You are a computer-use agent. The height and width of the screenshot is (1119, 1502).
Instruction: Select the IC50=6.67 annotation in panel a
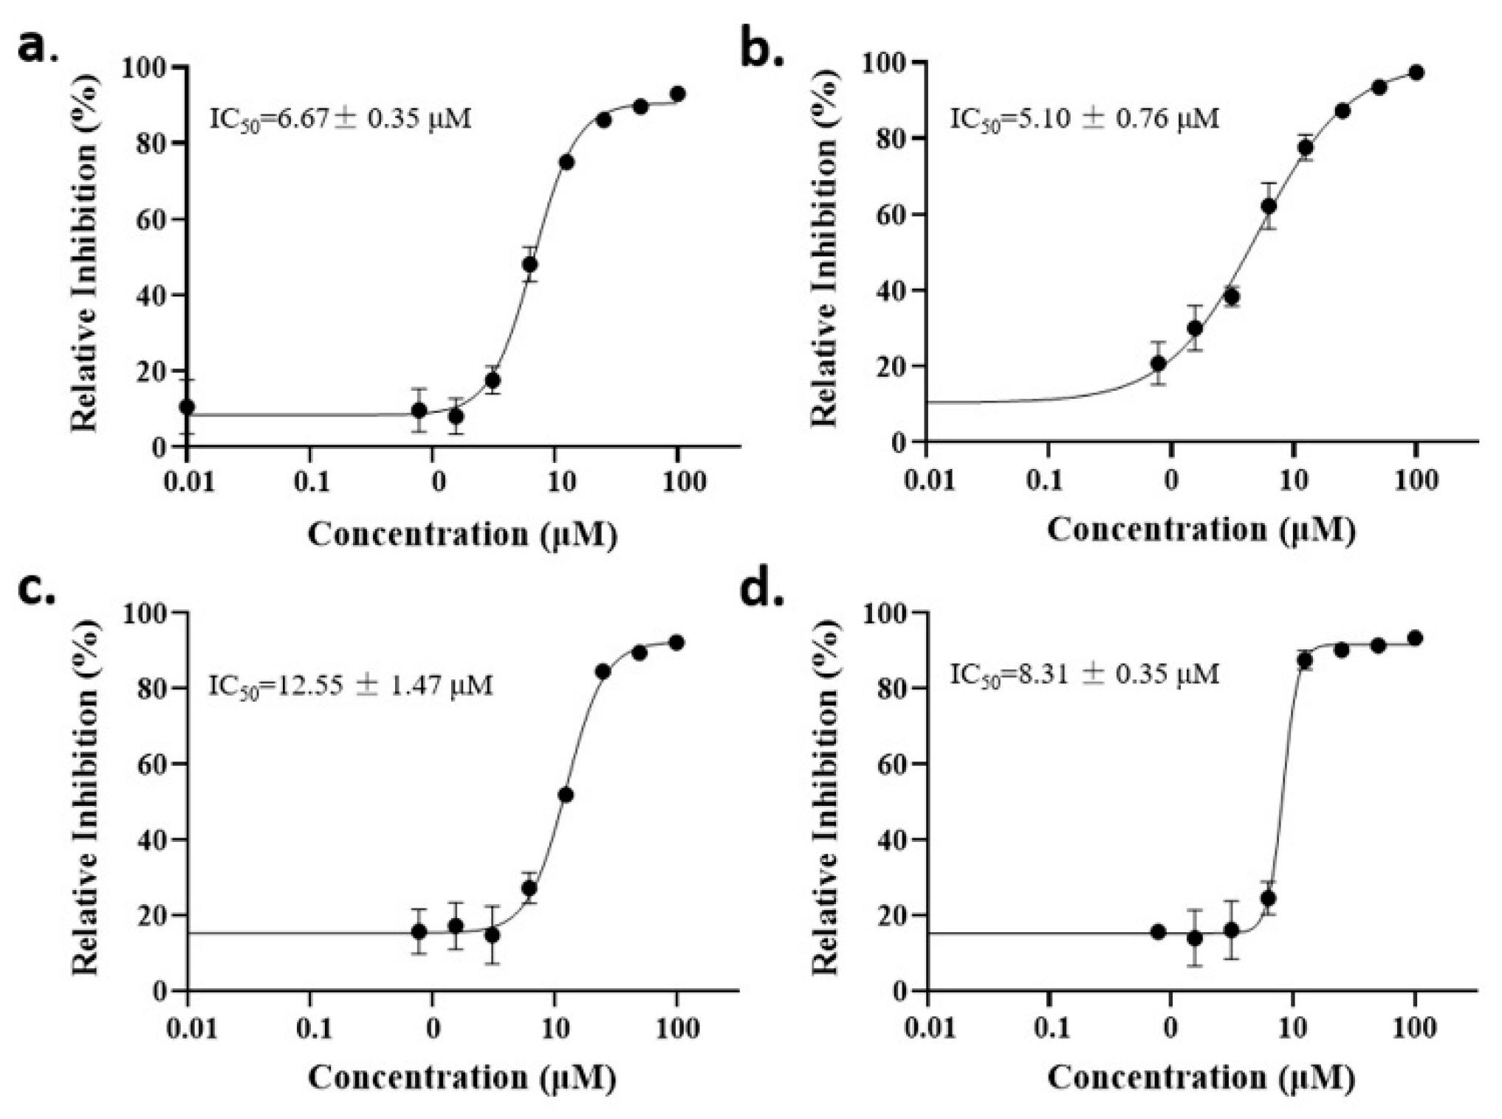[x=340, y=118]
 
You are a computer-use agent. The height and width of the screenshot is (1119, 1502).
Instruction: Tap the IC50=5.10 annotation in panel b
[x=1085, y=118]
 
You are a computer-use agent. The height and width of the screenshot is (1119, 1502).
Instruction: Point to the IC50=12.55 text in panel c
[x=349, y=685]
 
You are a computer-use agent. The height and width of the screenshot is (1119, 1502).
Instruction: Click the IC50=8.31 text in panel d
[x=1085, y=674]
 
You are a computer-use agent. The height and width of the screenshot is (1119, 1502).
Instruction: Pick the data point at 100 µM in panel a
[x=677, y=95]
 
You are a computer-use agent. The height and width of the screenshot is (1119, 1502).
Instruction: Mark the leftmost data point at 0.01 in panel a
[x=188, y=407]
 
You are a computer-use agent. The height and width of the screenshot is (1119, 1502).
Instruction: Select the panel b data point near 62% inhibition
[x=1269, y=206]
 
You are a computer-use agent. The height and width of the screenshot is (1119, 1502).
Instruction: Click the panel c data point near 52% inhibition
[x=566, y=795]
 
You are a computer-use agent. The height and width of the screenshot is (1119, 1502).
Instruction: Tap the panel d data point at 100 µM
[x=1415, y=638]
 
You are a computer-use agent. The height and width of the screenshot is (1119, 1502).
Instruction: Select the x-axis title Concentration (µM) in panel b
[x=1201, y=530]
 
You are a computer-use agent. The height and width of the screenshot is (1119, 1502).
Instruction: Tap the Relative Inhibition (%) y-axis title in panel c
[x=86, y=801]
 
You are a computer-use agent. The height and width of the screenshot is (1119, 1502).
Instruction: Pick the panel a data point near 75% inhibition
[x=566, y=162]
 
